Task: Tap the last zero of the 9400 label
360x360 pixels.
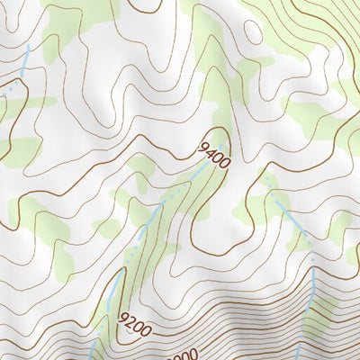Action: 224,162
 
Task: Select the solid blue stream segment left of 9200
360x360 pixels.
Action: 112,292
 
